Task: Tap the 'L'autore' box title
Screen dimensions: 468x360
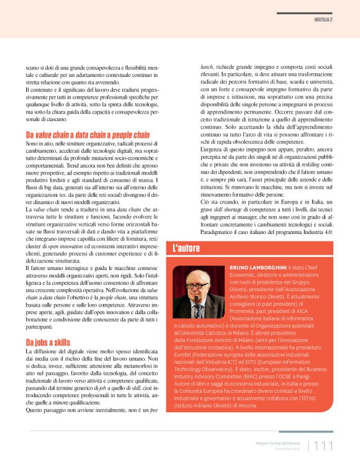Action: [186, 248]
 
